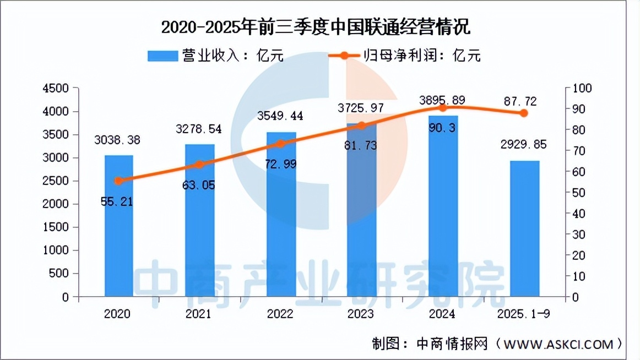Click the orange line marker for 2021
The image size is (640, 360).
tap(200, 165)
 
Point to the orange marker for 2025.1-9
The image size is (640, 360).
tap(524, 113)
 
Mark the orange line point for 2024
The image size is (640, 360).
tap(443, 108)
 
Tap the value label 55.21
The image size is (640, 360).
tap(117, 202)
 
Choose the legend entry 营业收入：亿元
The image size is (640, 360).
tap(215, 56)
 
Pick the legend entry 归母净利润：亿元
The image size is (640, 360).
tap(405, 56)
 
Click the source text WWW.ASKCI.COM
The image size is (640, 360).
tap(565, 345)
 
